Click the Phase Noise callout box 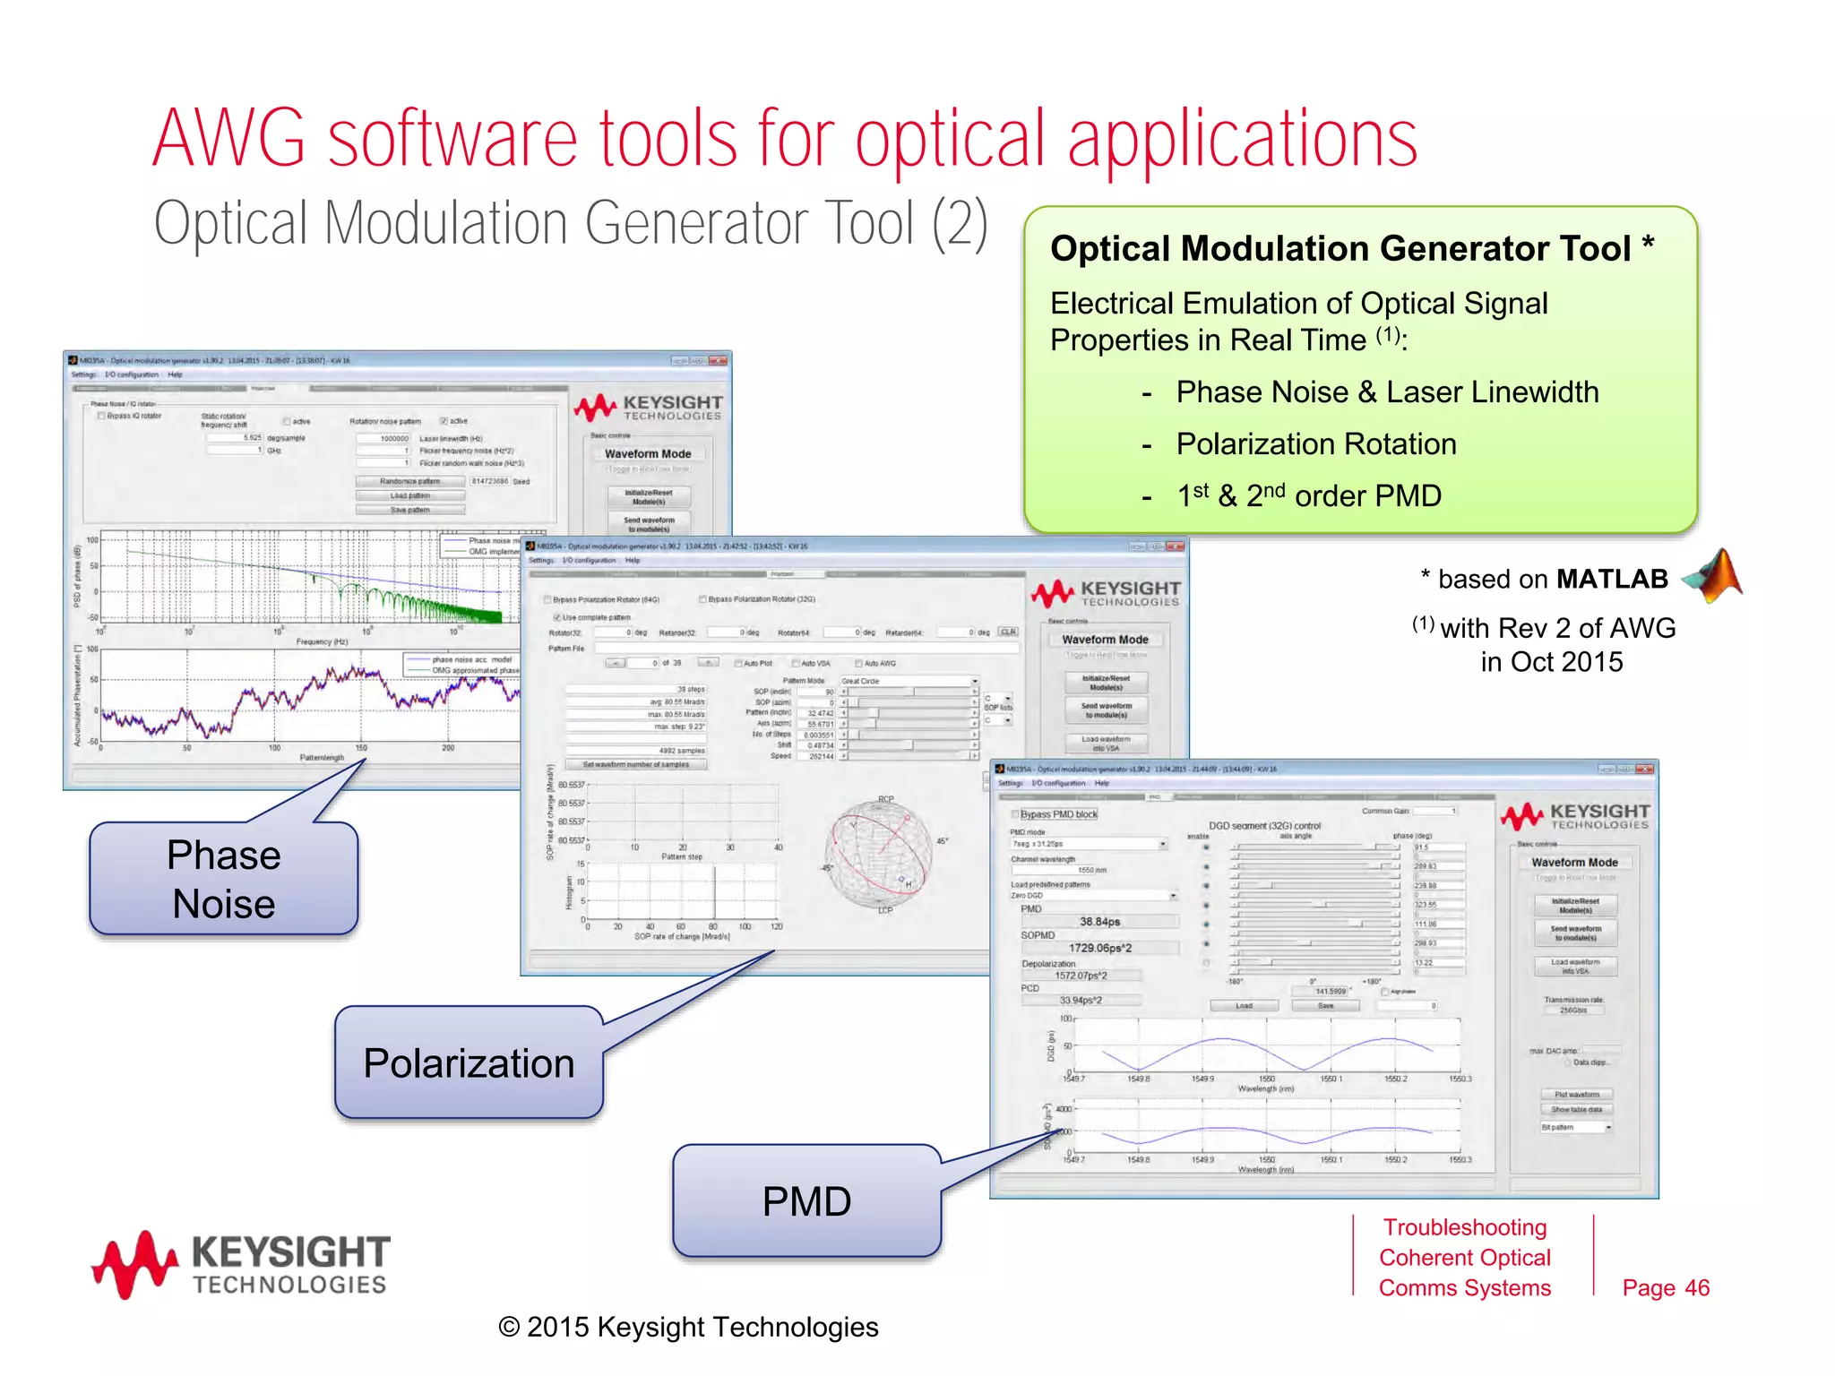click(223, 879)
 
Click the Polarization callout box click(469, 1063)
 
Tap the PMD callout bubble click(806, 1201)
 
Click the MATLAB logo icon click(1714, 576)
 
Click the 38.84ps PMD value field click(1099, 922)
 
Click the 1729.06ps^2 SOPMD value click(1099, 948)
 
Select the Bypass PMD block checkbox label click(1058, 814)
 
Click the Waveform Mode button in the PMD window click(1574, 862)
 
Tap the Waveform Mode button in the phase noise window click(648, 454)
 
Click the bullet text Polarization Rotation click(1315, 444)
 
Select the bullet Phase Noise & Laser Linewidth click(1386, 392)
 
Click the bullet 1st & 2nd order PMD click(1308, 495)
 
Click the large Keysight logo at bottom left click(241, 1264)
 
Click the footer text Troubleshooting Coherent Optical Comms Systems click(1464, 1258)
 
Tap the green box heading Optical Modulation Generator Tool click(1340, 249)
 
